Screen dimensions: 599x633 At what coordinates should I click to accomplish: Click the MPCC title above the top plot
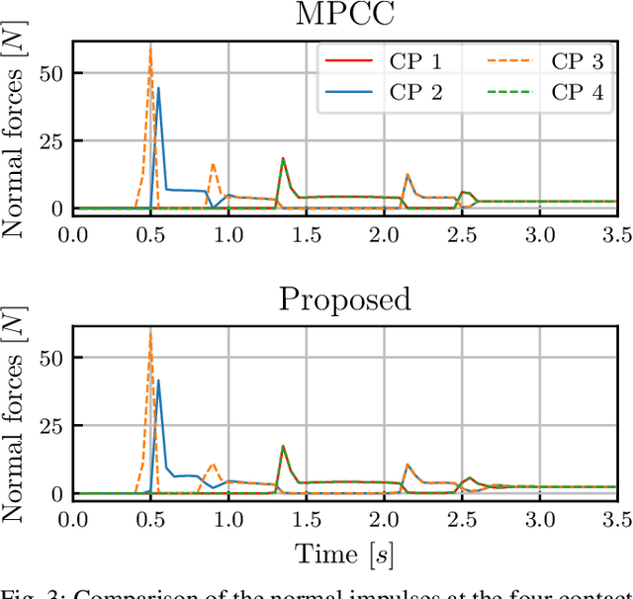pyautogui.click(x=343, y=17)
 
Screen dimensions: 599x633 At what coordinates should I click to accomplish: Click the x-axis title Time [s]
pyautogui.click(x=343, y=556)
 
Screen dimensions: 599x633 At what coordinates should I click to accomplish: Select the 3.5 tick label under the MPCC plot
pyautogui.click(x=616, y=235)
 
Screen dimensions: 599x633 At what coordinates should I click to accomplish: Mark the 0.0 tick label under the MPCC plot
pyautogui.click(x=73, y=235)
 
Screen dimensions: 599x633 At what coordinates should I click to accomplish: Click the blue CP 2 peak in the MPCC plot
pyautogui.click(x=158, y=89)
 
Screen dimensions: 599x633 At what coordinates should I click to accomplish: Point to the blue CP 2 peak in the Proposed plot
pyautogui.click(x=158, y=381)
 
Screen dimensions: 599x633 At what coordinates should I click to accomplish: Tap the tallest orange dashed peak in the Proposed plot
pyautogui.click(x=150, y=333)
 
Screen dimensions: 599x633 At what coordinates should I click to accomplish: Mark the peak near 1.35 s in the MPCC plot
pyautogui.click(x=283, y=159)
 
